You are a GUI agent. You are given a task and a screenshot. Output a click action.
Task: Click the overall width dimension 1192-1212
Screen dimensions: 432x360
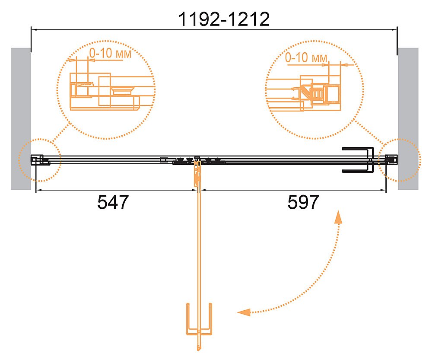[224, 19]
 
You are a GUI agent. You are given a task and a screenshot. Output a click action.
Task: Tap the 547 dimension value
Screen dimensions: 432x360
[113, 202]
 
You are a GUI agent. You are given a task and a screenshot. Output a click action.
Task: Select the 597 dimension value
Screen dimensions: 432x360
[303, 202]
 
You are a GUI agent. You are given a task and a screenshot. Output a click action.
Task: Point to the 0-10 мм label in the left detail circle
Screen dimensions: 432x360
[110, 53]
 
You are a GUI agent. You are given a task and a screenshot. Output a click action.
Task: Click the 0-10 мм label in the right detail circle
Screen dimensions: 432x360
[306, 57]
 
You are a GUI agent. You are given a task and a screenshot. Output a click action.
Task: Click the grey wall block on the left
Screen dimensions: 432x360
[21, 119]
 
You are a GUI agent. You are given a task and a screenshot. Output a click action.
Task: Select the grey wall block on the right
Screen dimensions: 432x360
[408, 119]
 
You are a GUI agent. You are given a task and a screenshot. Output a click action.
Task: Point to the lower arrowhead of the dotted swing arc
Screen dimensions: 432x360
[244, 312]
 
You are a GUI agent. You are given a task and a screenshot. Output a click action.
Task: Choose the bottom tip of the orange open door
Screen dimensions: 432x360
[199, 350]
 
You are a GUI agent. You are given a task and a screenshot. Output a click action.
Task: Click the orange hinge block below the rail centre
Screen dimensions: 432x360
[197, 174]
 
